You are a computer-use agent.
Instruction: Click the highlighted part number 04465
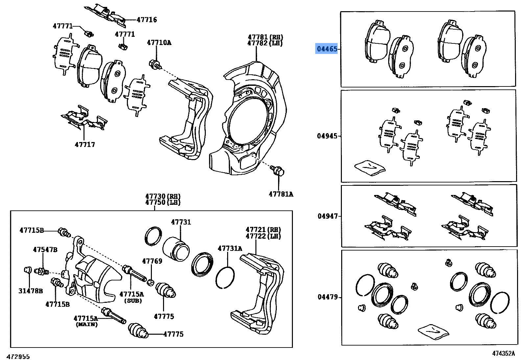(327, 49)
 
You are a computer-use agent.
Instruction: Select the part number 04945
(327, 136)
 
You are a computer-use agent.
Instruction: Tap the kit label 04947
(327, 216)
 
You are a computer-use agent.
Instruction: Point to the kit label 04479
(327, 297)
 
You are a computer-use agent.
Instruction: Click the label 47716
(147, 20)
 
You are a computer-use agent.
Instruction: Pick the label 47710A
(159, 42)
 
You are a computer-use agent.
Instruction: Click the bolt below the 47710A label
(155, 64)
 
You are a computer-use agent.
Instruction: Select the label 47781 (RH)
(265, 37)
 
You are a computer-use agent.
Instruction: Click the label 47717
(85, 144)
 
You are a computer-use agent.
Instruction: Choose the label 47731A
(230, 248)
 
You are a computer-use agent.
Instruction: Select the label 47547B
(45, 250)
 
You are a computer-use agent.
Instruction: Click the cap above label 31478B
(28, 270)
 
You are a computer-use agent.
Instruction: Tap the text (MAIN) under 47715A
(87, 324)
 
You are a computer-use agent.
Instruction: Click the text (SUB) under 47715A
(133, 300)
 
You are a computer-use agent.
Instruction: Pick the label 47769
(152, 261)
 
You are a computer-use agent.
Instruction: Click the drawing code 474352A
(503, 353)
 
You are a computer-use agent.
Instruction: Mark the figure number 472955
(18, 356)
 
